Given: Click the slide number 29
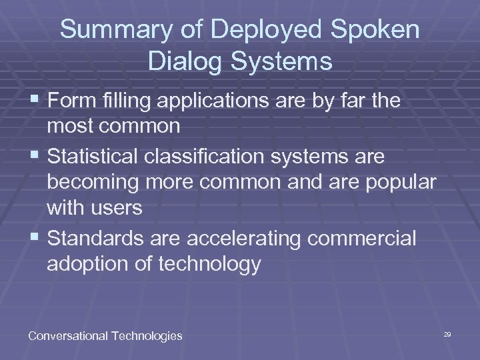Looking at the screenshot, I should pyautogui.click(x=447, y=333).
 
